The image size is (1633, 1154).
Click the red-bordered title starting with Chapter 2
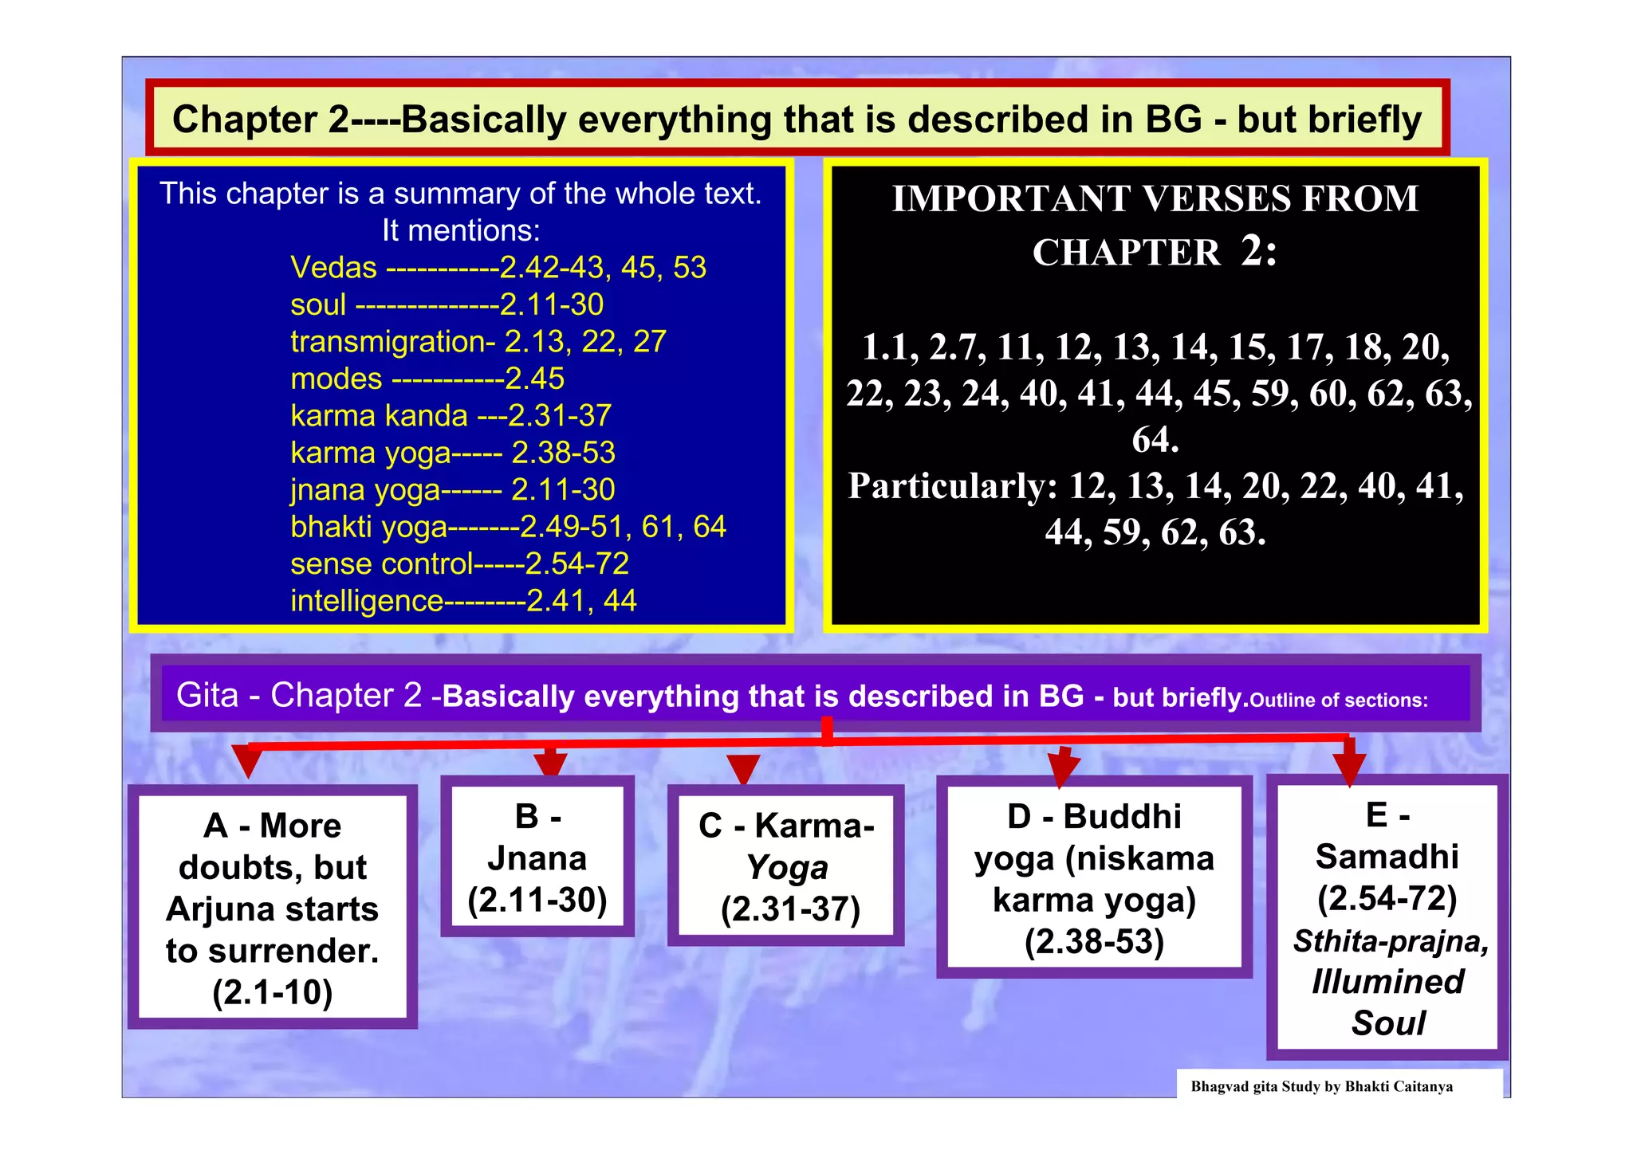(x=797, y=120)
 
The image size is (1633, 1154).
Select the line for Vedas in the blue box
(x=498, y=268)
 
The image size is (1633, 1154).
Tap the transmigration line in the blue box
(x=478, y=342)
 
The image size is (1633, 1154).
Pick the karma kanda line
(x=451, y=416)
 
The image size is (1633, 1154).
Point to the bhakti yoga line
(x=508, y=527)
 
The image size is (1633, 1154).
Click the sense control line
(x=459, y=564)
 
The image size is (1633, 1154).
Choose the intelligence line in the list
(x=463, y=601)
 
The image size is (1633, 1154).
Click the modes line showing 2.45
(x=427, y=379)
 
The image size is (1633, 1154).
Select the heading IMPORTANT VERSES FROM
(x=1155, y=199)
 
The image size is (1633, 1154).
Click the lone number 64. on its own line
(x=1155, y=440)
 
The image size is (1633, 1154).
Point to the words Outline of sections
(x=1338, y=701)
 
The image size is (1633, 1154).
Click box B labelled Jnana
(x=537, y=858)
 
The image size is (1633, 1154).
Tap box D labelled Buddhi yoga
(x=1094, y=877)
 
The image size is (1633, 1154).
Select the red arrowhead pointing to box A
(x=248, y=762)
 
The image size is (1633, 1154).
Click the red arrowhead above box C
(x=743, y=769)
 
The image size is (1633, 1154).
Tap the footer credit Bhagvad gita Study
(x=1321, y=1086)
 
